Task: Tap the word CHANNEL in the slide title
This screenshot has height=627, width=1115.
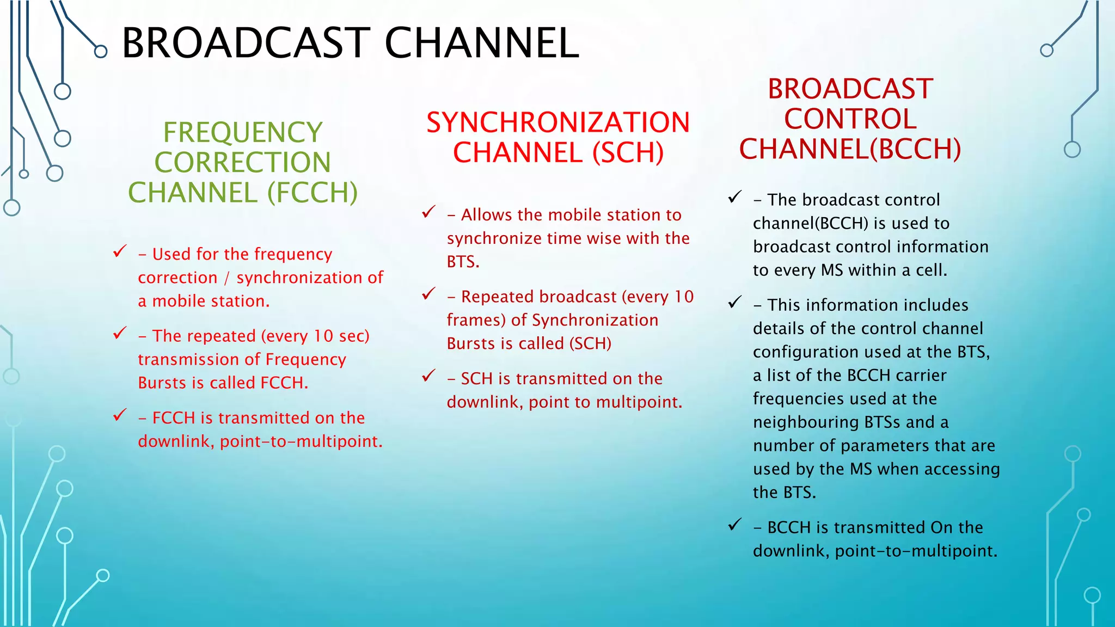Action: (482, 44)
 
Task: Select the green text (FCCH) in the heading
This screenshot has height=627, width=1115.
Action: (313, 193)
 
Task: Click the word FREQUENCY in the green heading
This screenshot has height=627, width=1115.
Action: (243, 132)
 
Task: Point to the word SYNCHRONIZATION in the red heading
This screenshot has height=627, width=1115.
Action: (558, 122)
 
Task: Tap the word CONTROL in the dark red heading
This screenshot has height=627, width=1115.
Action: (850, 119)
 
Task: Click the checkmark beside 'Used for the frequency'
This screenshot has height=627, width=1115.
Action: (120, 251)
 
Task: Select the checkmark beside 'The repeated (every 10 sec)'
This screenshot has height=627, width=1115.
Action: (120, 333)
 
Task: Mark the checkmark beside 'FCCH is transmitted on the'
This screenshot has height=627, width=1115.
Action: (120, 415)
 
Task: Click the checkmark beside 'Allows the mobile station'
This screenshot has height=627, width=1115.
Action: (429, 212)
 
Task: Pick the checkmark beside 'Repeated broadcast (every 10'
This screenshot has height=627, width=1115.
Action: (429, 294)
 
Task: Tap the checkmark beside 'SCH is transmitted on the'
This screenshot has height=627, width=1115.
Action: (429, 376)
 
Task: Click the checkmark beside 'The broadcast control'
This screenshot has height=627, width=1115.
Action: (735, 197)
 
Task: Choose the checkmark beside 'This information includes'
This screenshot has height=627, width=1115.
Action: (735, 302)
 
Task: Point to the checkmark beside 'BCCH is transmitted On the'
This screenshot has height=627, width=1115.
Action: (735, 525)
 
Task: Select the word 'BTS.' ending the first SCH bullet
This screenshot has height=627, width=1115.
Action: (463, 262)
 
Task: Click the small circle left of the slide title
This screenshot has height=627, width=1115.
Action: (101, 52)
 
